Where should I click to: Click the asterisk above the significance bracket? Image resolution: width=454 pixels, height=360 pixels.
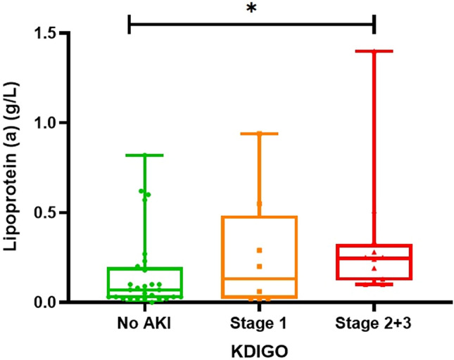tap(251, 9)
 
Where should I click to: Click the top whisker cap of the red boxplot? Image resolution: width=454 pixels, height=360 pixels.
tap(374, 51)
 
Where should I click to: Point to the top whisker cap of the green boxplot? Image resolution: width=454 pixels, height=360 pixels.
tap(144, 155)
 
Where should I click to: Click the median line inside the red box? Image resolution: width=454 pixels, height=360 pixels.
tap(374, 258)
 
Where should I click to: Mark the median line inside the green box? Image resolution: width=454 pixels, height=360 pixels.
tap(144, 290)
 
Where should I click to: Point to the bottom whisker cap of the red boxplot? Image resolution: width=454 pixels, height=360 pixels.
tap(374, 284)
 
